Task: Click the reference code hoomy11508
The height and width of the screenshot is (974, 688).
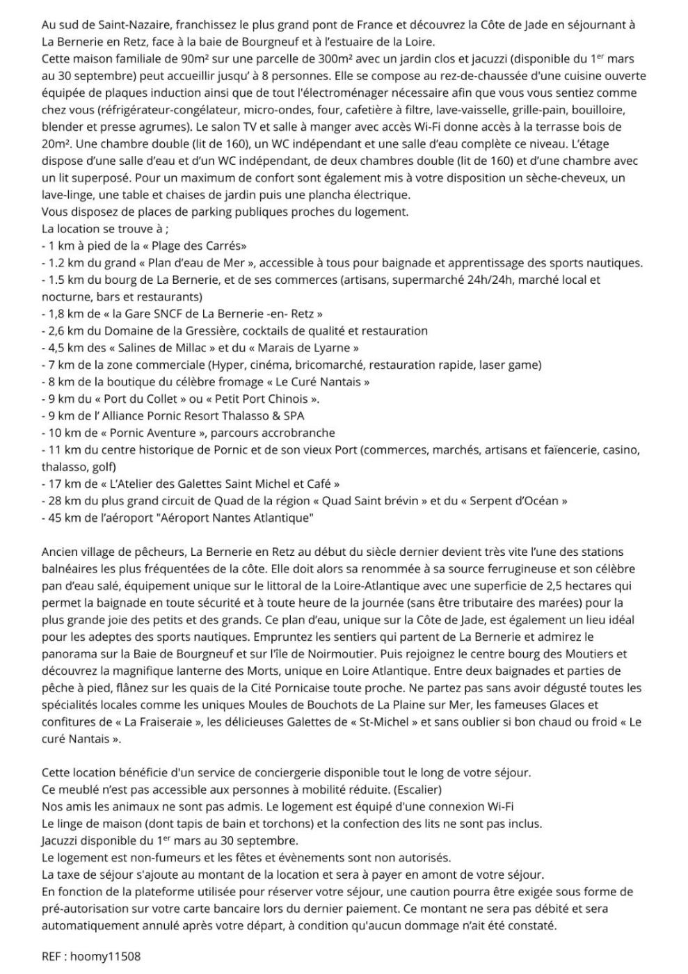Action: click(105, 957)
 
